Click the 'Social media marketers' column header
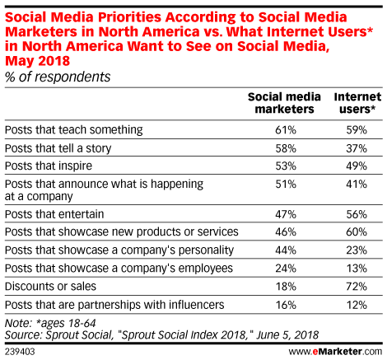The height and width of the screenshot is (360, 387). [x=281, y=102]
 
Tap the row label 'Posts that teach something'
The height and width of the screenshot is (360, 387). [x=74, y=129]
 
